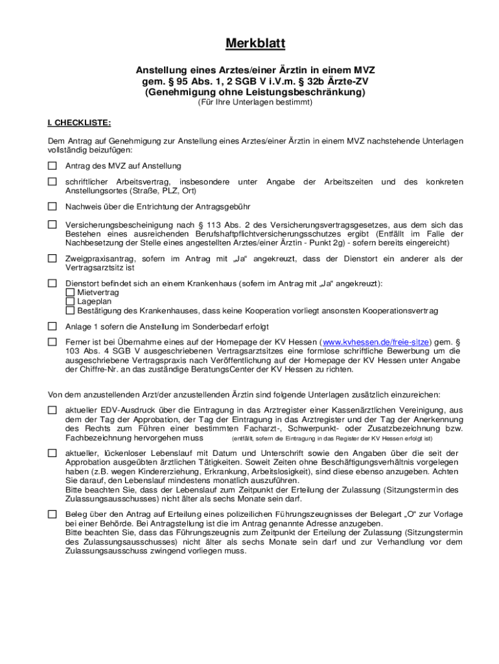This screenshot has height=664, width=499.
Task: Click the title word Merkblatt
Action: pos(255,44)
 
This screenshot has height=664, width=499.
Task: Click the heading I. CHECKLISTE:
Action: pos(79,122)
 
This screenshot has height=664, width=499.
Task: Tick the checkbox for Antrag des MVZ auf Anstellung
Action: pos(52,165)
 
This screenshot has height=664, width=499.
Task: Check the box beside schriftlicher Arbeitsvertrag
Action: pos(52,182)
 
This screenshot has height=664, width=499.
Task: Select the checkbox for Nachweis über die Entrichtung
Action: pos(52,207)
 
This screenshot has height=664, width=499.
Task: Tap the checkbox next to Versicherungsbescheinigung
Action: pos(52,224)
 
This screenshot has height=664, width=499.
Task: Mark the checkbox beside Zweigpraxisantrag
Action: pos(52,259)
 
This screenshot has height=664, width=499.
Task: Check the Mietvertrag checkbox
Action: pos(70,292)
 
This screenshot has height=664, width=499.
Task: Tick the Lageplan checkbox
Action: pos(70,302)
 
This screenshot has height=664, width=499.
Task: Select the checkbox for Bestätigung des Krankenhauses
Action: pos(70,311)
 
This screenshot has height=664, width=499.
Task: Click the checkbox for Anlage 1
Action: pos(52,326)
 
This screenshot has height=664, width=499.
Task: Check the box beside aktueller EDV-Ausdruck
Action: pos(52,410)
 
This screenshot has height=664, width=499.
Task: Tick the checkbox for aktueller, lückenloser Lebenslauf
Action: pos(52,453)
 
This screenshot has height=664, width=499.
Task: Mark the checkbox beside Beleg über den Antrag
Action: pos(52,514)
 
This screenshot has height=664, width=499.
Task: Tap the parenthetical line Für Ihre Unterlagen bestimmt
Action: pos(255,102)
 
